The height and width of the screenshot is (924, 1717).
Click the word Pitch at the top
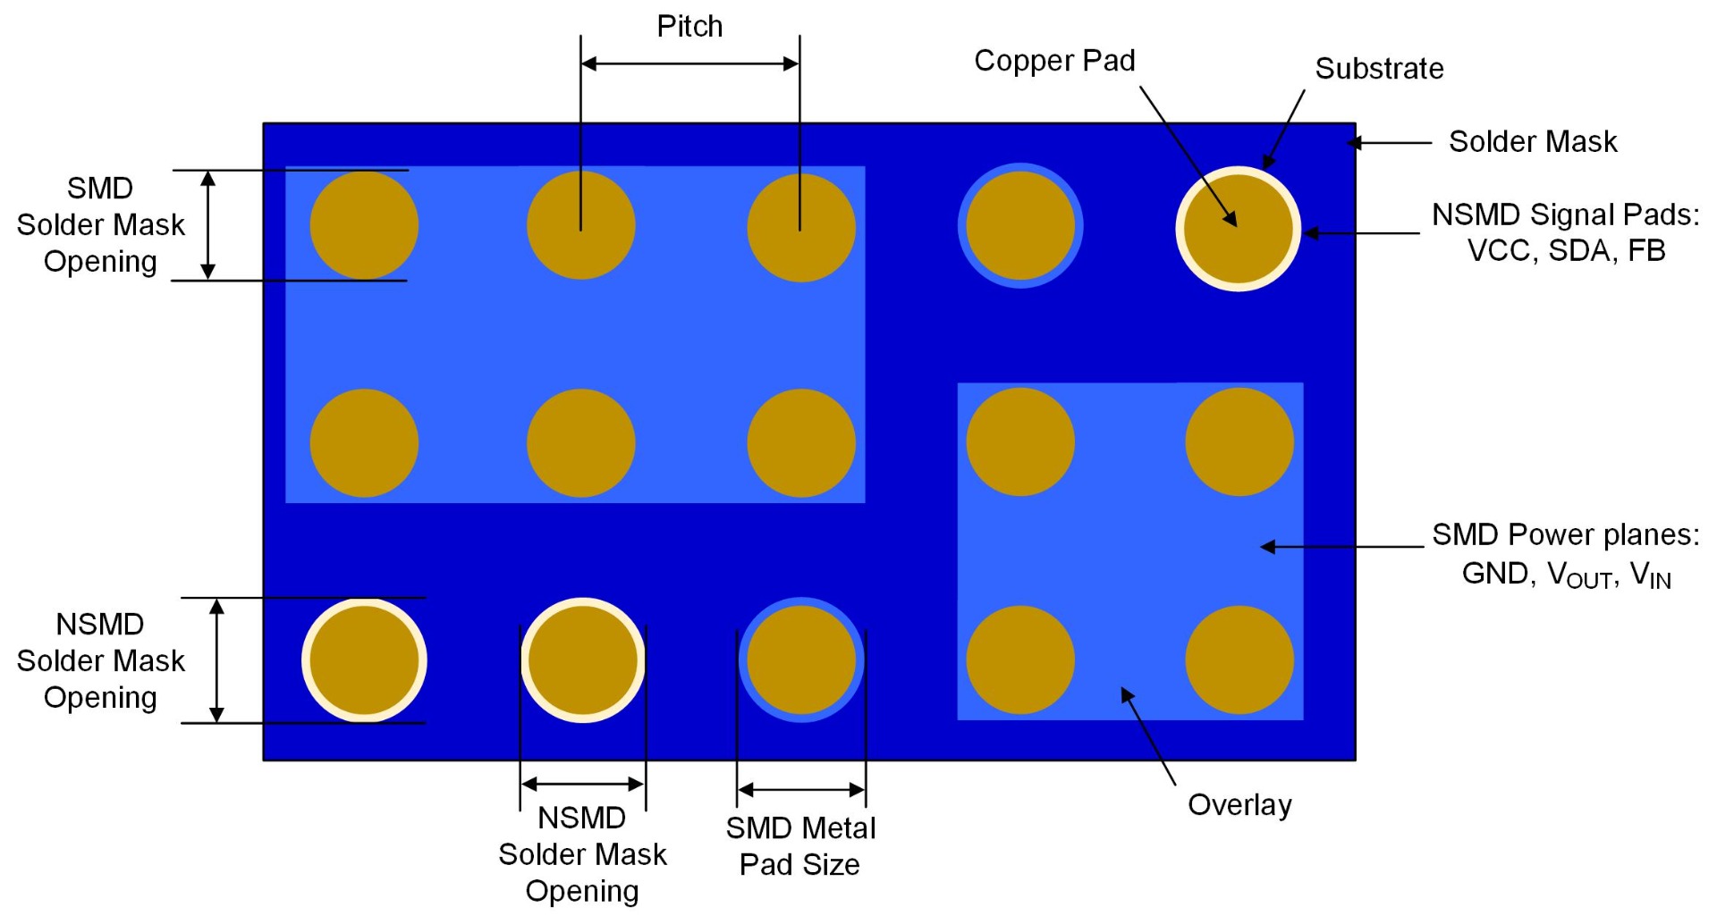click(x=689, y=27)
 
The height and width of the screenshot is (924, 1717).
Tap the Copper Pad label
click(x=1054, y=61)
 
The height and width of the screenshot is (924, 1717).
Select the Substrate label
click(x=1379, y=69)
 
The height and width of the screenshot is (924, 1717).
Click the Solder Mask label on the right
click(x=1533, y=141)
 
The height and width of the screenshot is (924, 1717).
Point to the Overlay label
click(x=1239, y=805)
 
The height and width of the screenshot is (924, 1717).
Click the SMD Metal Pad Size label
click(x=800, y=846)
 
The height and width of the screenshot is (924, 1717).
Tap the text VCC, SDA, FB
click(x=1566, y=251)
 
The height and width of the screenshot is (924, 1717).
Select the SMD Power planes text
click(x=1565, y=534)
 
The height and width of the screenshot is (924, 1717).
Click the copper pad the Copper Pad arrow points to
click(x=1239, y=229)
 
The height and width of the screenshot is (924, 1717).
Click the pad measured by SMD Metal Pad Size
click(x=801, y=660)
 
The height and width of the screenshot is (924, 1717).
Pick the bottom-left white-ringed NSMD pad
click(x=364, y=660)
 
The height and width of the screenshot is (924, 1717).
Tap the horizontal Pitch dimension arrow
click(x=689, y=63)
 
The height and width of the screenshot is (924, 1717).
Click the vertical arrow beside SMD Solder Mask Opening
click(x=208, y=225)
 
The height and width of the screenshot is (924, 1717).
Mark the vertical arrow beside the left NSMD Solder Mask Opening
click(x=216, y=660)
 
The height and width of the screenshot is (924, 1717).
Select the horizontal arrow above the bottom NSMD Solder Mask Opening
click(x=582, y=785)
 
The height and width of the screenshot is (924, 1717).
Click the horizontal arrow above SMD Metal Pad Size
click(x=801, y=790)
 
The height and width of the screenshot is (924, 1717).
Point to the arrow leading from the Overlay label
click(x=1148, y=736)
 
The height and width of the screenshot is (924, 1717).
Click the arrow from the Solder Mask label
click(x=1391, y=142)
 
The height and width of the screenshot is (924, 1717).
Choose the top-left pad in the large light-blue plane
click(x=364, y=225)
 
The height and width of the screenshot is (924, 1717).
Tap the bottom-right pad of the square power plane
click(x=1239, y=660)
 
